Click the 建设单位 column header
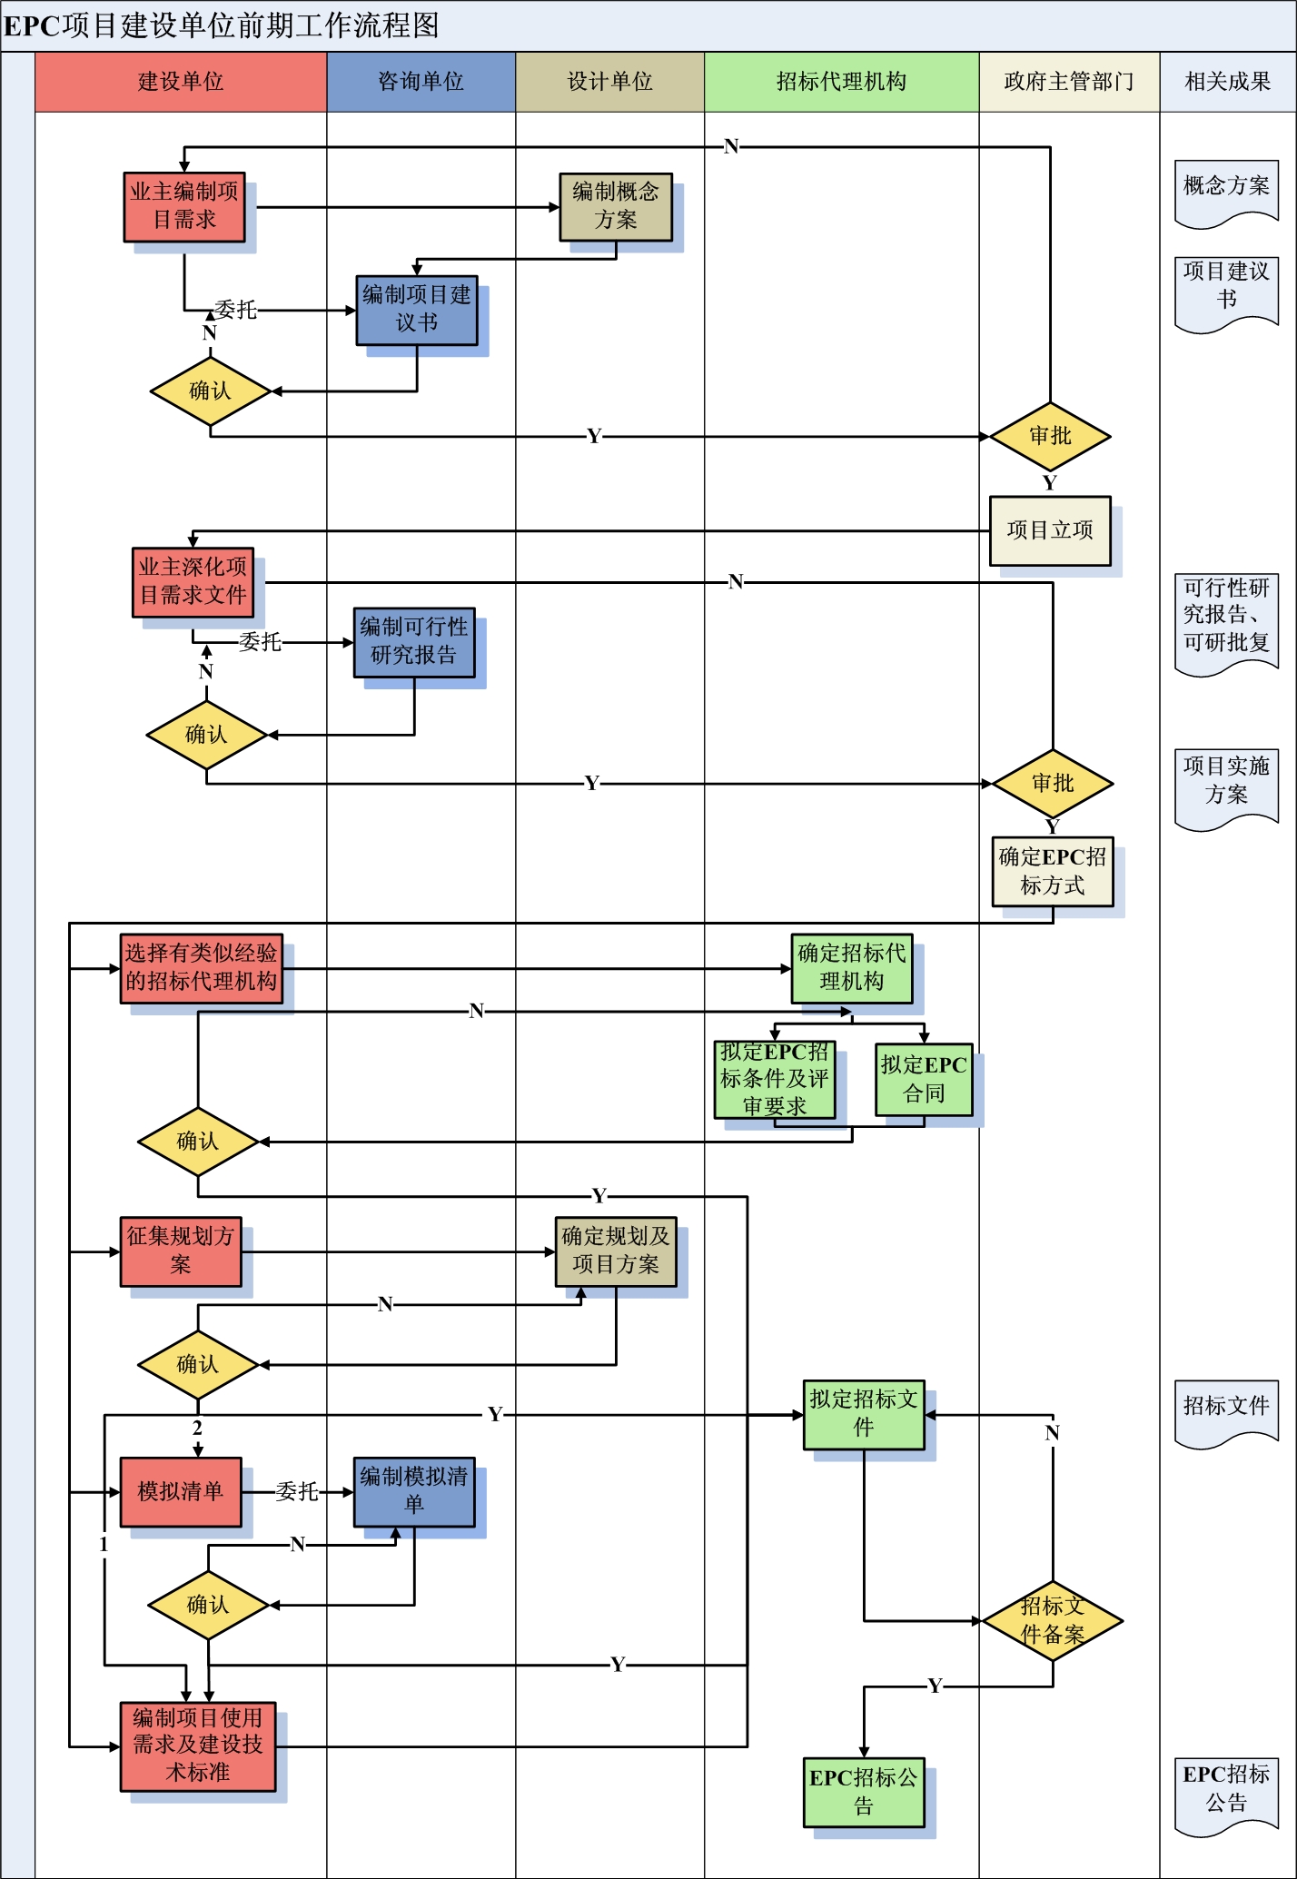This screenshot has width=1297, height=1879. tap(181, 82)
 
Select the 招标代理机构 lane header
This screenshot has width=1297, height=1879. tap(841, 82)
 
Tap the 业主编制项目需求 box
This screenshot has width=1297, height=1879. tap(184, 207)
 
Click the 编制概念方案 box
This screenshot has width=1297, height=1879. tap(616, 207)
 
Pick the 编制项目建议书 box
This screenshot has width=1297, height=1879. tap(417, 310)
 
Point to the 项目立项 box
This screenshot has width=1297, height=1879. tap(1050, 530)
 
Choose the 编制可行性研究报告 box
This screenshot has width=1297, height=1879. tap(414, 642)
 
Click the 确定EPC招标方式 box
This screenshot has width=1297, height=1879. tap(1053, 871)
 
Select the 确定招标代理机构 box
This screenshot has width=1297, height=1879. tap(852, 968)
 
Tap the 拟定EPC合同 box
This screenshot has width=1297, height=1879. tap(924, 1079)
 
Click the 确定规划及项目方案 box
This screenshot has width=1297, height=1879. tap(616, 1251)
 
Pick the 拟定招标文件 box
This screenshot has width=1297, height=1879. tap(864, 1414)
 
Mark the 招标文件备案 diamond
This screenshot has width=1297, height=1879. tap(1053, 1621)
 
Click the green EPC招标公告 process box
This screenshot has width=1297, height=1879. tap(864, 1792)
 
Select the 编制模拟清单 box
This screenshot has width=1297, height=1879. tap(414, 1491)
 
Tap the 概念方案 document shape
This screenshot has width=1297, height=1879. tap(1226, 191)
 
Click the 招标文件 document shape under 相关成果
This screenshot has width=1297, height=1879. tap(1226, 1410)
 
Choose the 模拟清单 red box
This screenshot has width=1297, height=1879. tap(181, 1491)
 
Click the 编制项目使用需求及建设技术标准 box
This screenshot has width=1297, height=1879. tap(198, 1745)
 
